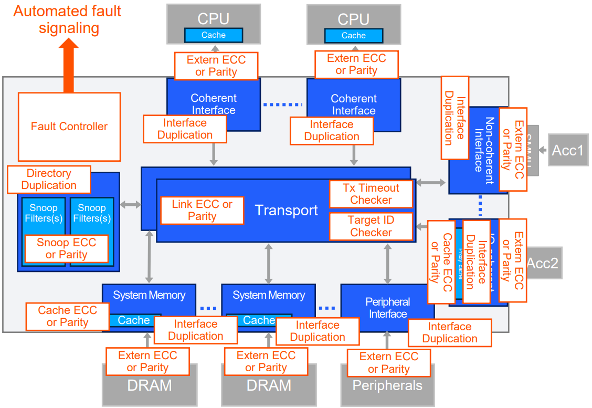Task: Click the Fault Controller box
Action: [69, 127]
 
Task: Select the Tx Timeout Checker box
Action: [371, 194]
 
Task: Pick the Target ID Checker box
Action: [371, 226]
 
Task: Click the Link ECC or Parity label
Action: [202, 211]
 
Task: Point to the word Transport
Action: [287, 211]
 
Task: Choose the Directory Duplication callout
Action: [49, 180]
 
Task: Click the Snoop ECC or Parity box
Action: [67, 249]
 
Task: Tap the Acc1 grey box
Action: [567, 151]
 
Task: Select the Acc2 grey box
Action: [544, 263]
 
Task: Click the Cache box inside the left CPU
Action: [214, 35]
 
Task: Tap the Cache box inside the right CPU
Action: [353, 36]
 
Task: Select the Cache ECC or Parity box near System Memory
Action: [68, 317]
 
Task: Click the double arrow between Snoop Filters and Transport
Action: [130, 205]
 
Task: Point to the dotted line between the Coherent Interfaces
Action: [283, 105]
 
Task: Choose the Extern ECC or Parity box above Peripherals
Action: [389, 363]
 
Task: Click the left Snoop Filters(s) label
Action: [44, 213]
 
